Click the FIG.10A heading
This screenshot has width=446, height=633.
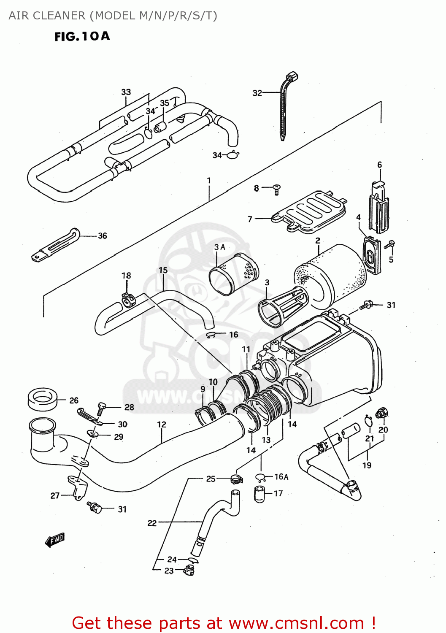coord(82,36)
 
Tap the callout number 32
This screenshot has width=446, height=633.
coord(257,93)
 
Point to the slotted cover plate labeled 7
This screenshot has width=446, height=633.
coord(311,212)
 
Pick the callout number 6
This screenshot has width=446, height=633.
coord(379,165)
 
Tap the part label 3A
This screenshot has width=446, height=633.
coord(219,247)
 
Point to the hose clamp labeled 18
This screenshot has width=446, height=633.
coord(128,299)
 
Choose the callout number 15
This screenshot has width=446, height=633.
coord(163,270)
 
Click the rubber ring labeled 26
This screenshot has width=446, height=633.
coord(42,398)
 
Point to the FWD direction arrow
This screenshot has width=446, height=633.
coord(55,540)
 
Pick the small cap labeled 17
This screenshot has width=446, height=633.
coord(259,494)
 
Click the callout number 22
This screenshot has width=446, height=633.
coord(152,523)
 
